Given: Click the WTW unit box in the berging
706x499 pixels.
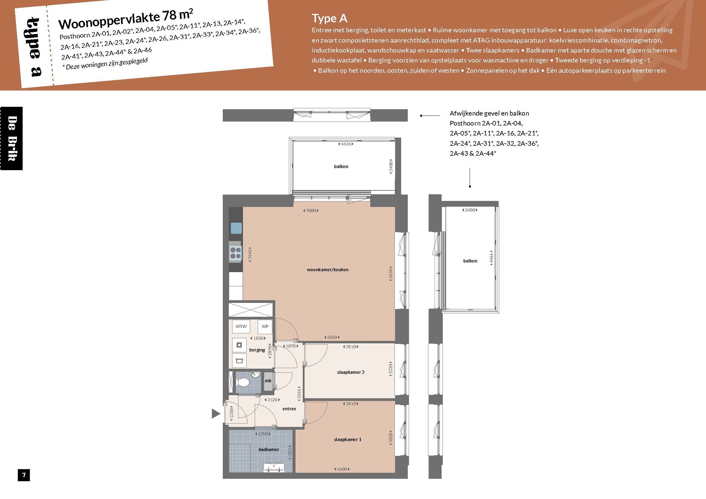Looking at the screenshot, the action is point(241,326).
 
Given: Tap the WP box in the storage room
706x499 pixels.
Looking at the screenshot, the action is point(265,326).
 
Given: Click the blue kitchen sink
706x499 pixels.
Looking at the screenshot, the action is point(236,228).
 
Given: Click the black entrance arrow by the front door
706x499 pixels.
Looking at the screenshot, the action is point(216,414).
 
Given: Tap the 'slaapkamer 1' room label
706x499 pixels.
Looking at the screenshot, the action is point(348,439).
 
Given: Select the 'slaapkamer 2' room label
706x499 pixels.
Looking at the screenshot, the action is point(350,372).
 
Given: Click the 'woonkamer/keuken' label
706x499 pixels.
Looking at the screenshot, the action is point(328,269).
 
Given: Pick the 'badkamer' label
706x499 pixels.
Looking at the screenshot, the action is point(269,449).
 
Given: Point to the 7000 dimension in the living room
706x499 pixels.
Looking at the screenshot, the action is point(311,211).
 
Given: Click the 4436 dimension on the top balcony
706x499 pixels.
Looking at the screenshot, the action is point(346,144).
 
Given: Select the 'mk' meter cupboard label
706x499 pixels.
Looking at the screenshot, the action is point(268,381).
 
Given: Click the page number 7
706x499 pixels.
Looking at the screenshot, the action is point(24,475).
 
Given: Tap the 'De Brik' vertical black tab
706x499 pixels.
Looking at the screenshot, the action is point(11,138).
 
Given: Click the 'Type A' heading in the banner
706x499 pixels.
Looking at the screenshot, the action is point(330,18).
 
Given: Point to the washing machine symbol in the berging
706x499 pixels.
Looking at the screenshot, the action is point(239,345).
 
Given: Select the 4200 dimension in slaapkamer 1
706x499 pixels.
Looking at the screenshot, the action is point(342,469).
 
